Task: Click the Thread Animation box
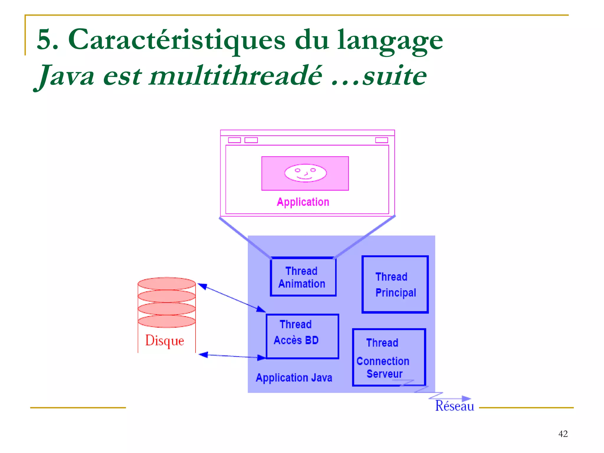coord(303,277)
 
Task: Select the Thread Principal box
coord(395,284)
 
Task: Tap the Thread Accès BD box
coord(302,336)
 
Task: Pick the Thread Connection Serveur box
coord(389,357)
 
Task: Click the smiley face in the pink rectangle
coord(305,173)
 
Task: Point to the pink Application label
coord(303,202)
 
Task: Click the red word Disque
coord(165,341)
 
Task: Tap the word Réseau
coord(454,406)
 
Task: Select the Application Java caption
coord(294,378)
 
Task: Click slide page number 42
coord(563,434)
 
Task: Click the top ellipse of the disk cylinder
coord(167,283)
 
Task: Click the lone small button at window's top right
coord(381,140)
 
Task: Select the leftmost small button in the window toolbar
coord(234,140)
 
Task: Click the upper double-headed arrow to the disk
coord(232,298)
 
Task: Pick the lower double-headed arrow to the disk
coord(232,356)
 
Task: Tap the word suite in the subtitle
coord(394,76)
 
